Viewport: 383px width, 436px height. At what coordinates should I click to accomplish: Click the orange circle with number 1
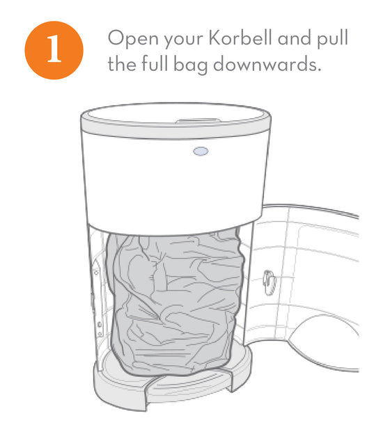[x=54, y=50]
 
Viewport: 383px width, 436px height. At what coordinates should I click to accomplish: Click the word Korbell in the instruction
[x=240, y=38]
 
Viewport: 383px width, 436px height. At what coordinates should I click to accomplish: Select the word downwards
[x=267, y=64]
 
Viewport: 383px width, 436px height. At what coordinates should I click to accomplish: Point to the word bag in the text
[x=191, y=65]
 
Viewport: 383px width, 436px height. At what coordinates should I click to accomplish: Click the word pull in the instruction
[x=332, y=39]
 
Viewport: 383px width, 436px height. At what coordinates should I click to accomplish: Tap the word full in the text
[x=155, y=63]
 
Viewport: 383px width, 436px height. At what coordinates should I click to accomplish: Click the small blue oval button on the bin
[x=201, y=152]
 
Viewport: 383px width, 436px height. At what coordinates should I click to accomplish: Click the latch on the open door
[x=269, y=282]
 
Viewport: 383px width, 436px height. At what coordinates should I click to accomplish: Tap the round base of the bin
[x=173, y=381]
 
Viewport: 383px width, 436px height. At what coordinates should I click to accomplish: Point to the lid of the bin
[x=175, y=117]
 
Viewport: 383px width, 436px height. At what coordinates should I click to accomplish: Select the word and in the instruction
[x=294, y=38]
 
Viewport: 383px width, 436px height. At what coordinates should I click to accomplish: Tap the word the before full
[x=122, y=63]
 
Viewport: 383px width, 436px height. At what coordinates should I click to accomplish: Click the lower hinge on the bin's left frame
[x=100, y=328]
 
